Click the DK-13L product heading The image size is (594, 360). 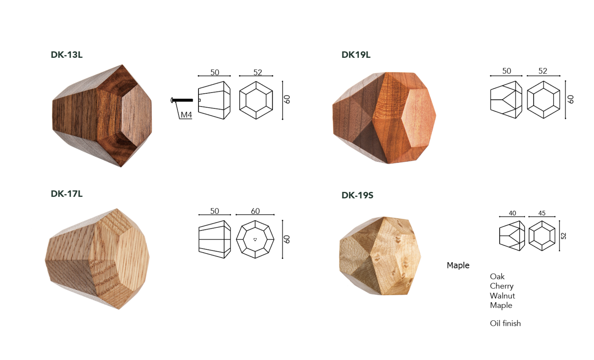coord(66,54)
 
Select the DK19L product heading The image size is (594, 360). coord(356,54)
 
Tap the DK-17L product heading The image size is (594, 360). coord(66,194)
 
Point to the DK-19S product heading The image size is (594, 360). coord(357,195)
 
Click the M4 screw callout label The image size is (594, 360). coord(186,115)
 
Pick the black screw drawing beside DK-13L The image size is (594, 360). coord(182,100)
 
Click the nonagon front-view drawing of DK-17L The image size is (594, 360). coord(255,239)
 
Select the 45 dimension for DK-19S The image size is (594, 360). coord(542,213)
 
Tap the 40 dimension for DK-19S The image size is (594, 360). coord(512,213)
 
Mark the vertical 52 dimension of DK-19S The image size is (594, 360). coord(564,236)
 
